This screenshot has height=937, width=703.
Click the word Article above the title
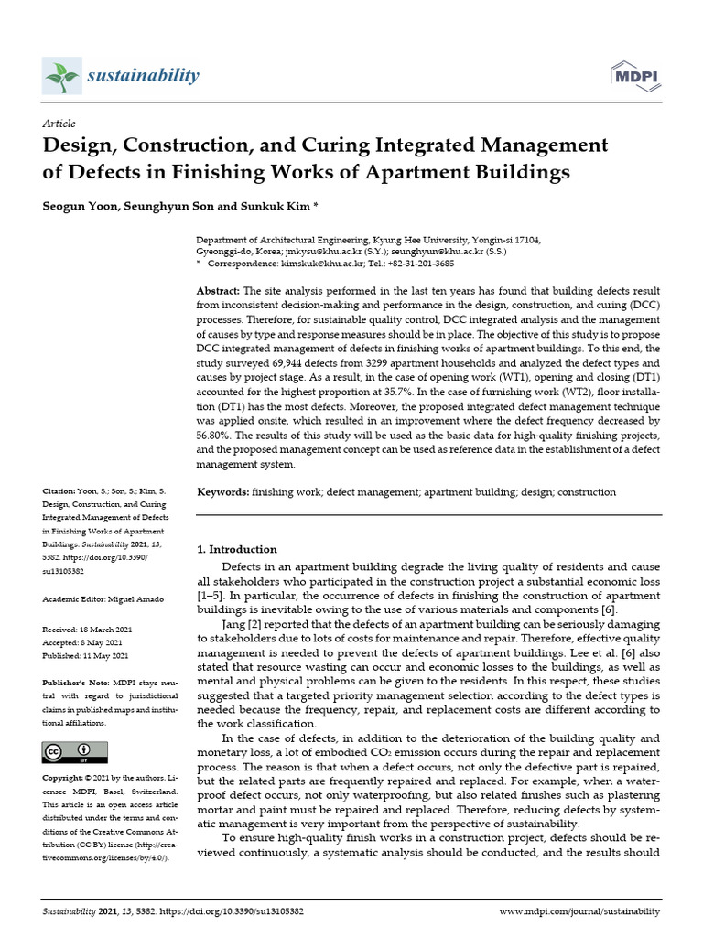pos(59,124)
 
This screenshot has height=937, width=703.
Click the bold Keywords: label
pos(223,492)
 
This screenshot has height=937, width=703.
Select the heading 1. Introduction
pos(237,550)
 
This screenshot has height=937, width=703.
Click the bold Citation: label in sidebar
pos(61,492)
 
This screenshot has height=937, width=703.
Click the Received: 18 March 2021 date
pos(86,630)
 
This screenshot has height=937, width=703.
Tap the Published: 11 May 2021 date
pos(86,656)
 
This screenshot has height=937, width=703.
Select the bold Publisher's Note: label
pos(75,684)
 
